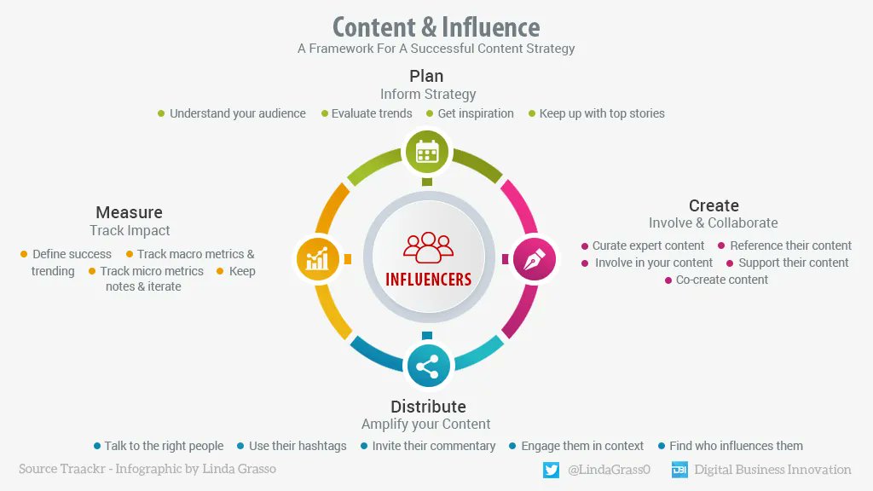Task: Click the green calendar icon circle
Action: tap(427, 153)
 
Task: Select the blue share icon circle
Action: tap(427, 367)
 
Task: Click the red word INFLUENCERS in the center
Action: tap(428, 280)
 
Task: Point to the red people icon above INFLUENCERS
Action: tap(429, 247)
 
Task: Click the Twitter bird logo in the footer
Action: tap(551, 470)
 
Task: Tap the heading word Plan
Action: tap(427, 76)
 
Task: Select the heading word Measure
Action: tap(129, 212)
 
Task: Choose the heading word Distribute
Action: tap(428, 406)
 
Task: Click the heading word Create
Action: tap(714, 205)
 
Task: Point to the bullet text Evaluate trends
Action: tap(372, 113)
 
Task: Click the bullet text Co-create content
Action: tap(722, 280)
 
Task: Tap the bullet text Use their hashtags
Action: tap(298, 446)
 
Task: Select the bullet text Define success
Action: tap(72, 254)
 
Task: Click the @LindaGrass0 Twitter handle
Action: tap(609, 470)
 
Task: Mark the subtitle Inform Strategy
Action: tap(428, 94)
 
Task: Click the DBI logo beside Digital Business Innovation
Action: tap(679, 470)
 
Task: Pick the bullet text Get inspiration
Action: tap(476, 113)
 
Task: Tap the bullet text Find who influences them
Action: tap(736, 446)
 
